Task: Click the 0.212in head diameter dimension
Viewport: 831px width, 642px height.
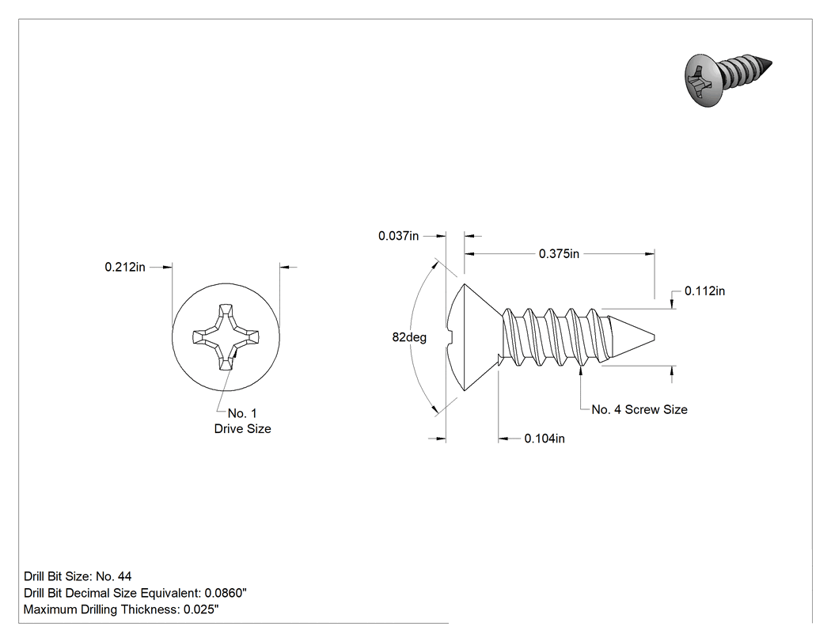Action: click(125, 267)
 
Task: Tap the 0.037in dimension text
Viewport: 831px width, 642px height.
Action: click(399, 236)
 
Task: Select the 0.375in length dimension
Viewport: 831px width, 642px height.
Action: click(559, 254)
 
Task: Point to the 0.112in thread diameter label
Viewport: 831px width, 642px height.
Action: click(705, 291)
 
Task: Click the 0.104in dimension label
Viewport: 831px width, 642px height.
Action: click(545, 439)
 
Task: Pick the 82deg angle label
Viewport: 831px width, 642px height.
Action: click(409, 337)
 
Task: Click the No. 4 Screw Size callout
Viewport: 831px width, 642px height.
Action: click(639, 409)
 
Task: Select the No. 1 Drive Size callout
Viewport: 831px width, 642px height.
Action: click(243, 421)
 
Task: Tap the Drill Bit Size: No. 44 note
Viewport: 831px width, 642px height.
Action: click(78, 576)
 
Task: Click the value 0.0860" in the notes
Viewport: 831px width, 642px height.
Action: click(226, 593)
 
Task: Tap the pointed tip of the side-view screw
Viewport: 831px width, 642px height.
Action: click(655, 337)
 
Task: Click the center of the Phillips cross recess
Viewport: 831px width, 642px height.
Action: click(226, 337)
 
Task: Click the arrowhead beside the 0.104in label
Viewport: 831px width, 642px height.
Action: click(503, 439)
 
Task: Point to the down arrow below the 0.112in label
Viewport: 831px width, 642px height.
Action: click(673, 302)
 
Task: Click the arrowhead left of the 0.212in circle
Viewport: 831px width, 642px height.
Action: click(167, 268)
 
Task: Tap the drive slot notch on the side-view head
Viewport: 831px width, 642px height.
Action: click(450, 337)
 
